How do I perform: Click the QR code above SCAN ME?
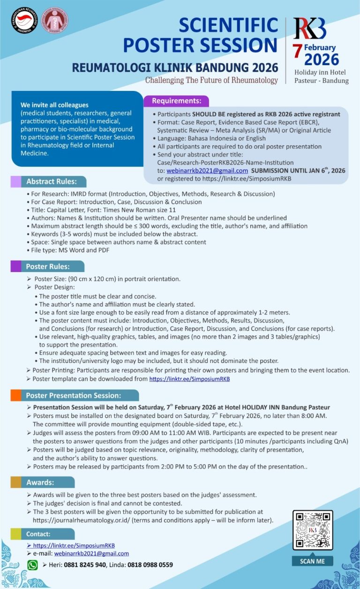click(313, 529)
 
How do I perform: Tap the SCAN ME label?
click(313, 561)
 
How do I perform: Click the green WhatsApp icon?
click(32, 565)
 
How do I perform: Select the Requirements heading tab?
click(176, 101)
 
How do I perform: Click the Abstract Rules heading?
click(49, 181)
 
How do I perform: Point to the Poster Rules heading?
click(48, 266)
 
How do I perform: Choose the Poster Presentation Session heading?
click(74, 395)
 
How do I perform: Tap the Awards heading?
click(40, 482)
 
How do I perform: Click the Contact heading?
click(38, 534)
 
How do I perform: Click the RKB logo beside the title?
click(310, 29)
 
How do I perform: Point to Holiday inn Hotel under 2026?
click(320, 72)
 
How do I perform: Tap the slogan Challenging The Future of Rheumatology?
click(211, 80)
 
